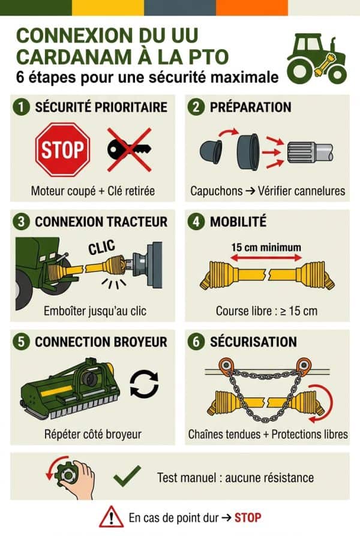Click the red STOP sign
[62, 149]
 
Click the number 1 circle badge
[22, 108]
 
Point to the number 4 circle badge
[197, 222]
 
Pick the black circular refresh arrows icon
[145, 385]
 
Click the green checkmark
[127, 477]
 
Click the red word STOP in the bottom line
[248, 517]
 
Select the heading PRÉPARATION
[250, 108]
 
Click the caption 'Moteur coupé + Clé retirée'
[92, 191]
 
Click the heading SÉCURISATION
[253, 342]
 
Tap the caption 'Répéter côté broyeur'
[92, 433]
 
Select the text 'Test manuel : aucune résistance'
[235, 478]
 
